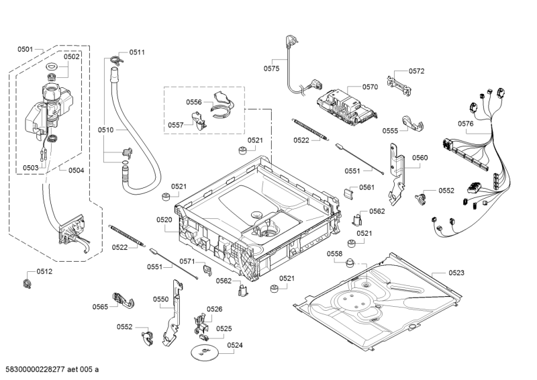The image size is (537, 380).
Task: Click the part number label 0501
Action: [x=26, y=49]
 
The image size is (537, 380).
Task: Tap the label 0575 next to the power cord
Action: [x=271, y=68]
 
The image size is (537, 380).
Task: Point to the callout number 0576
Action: [x=466, y=123]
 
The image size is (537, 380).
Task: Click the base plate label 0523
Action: [x=456, y=273]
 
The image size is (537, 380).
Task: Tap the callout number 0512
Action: [x=44, y=271]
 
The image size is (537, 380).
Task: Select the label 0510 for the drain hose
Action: [x=106, y=130]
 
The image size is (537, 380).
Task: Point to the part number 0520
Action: [x=164, y=220]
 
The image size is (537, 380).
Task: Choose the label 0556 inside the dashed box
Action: [x=194, y=102]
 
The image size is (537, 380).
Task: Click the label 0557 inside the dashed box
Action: [x=176, y=125]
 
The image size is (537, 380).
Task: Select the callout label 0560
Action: [x=420, y=158]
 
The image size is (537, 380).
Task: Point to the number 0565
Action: [x=101, y=307]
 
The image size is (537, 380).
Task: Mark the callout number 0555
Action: [x=391, y=131]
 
